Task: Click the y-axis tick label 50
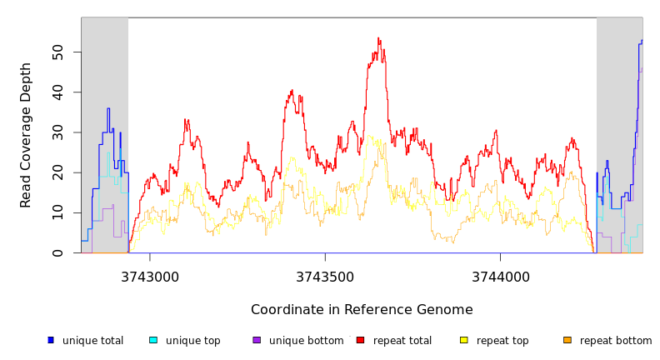[x=57, y=52]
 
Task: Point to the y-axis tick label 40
[x=57, y=92]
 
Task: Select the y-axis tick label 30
[x=57, y=132]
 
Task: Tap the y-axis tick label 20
[x=57, y=172]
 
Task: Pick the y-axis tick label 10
[x=57, y=212]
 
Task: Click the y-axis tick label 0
[x=57, y=253]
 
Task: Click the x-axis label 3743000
[x=150, y=277]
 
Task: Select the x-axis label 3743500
[x=325, y=277]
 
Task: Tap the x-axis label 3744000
[x=500, y=277]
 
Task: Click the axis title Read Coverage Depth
[x=26, y=135]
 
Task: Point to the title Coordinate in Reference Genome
[x=362, y=310]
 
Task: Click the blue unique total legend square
[x=51, y=340]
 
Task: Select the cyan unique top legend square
[x=153, y=340]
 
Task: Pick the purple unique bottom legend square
[x=257, y=340]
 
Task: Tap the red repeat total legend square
[x=360, y=340]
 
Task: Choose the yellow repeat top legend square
[x=464, y=340]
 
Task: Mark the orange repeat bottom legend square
[x=567, y=340]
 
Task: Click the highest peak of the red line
[x=378, y=38]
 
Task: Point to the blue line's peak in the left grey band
[x=108, y=109]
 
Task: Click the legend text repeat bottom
[x=616, y=341]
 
